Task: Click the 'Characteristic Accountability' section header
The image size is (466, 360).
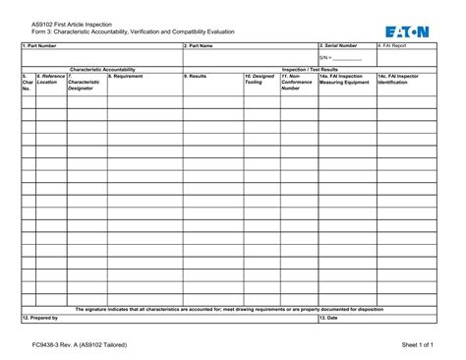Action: (101, 69)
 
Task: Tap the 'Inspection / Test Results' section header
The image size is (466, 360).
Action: (311, 69)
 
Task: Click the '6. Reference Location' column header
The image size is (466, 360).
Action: (50, 79)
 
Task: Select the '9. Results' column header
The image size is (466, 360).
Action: (196, 76)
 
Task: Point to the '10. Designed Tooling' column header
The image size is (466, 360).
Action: (260, 79)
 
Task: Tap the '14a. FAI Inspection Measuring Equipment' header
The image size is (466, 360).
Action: (344, 79)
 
